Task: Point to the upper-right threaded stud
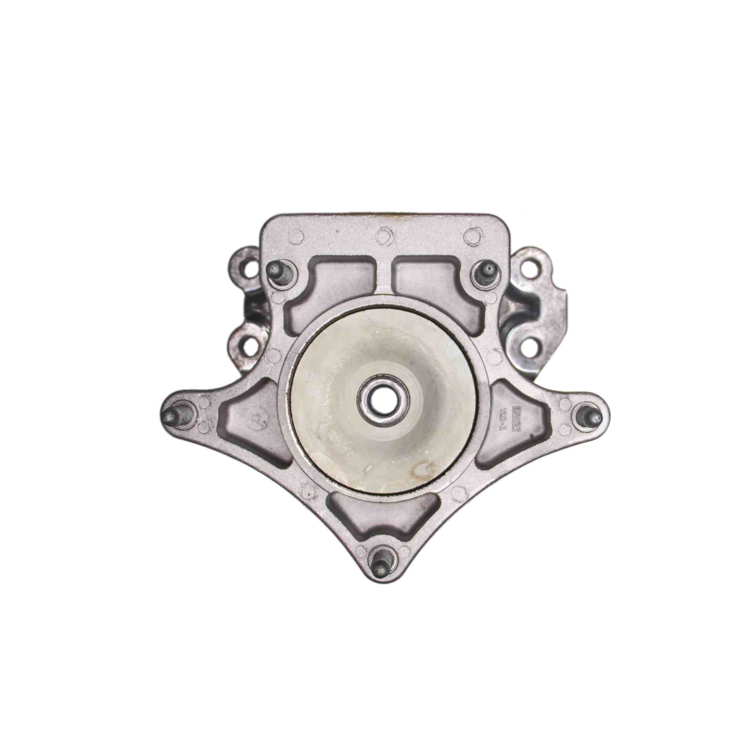point(486,269)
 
